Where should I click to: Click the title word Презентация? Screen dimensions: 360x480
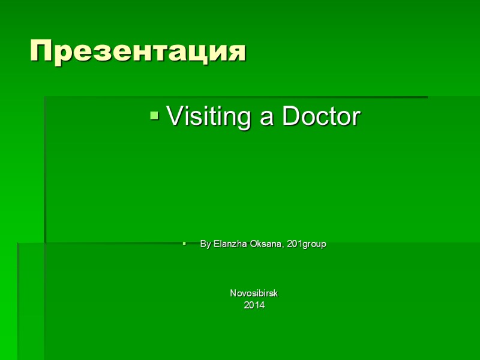click(x=138, y=52)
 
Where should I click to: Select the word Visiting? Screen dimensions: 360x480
click(x=209, y=116)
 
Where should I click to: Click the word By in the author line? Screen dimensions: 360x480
click(x=205, y=244)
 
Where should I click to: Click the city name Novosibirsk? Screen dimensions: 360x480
click(x=254, y=293)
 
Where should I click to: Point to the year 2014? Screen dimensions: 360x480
click(x=254, y=305)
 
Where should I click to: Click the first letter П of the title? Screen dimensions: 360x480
click(x=40, y=52)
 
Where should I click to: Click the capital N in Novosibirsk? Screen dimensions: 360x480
click(x=233, y=293)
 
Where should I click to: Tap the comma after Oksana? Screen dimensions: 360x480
click(x=284, y=247)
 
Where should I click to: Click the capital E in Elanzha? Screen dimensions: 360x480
click(x=216, y=244)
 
